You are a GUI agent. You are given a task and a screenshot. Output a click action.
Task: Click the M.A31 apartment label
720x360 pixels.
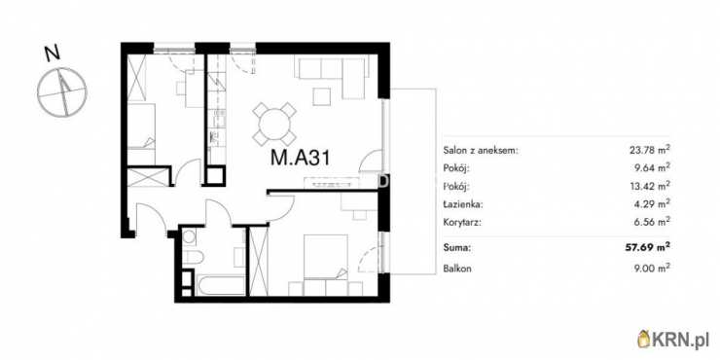click(300, 159)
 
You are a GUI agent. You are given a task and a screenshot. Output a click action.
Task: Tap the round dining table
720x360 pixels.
click(274, 124)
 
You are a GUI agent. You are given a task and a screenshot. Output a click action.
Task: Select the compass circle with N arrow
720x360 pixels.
click(61, 91)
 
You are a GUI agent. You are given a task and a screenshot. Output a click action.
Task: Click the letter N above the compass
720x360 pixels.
click(53, 54)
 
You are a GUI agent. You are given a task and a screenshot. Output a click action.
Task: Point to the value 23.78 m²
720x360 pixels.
click(648, 150)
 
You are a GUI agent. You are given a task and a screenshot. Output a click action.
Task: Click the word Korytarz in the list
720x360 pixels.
click(462, 223)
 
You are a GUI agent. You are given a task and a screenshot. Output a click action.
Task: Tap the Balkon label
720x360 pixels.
click(457, 269)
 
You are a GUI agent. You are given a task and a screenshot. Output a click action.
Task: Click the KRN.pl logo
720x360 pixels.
click(675, 340)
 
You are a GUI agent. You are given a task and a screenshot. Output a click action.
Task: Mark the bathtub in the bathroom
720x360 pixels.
click(221, 286)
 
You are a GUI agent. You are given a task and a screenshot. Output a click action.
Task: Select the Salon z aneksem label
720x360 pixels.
click(481, 150)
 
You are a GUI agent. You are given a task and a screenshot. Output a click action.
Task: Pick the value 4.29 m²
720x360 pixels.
click(650, 204)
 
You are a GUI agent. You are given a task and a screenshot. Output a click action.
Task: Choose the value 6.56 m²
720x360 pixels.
click(650, 223)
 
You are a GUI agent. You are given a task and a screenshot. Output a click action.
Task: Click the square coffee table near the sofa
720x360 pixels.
click(322, 96)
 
